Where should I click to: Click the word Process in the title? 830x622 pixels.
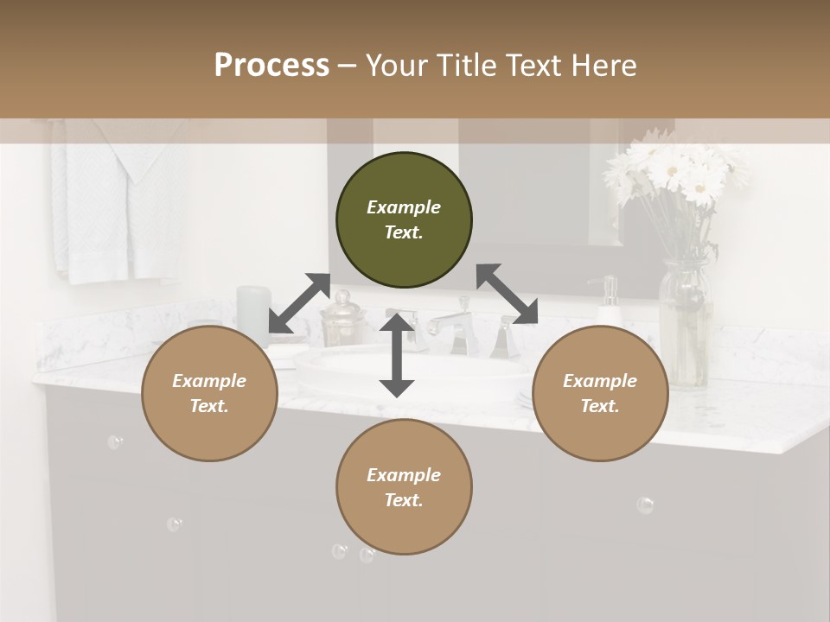[271, 66]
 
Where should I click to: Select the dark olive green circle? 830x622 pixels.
[404, 219]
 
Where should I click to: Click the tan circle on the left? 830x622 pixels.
[209, 393]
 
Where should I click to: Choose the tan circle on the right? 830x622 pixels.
[600, 393]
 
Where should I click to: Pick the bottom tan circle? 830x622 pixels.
[404, 487]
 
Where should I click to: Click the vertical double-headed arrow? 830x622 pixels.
[397, 355]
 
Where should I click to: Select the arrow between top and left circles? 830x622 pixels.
[299, 303]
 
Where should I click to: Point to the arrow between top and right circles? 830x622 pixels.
[508, 294]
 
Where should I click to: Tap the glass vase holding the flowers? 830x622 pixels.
[685, 324]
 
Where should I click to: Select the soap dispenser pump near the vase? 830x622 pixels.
[609, 298]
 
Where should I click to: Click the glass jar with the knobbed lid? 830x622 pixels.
[341, 321]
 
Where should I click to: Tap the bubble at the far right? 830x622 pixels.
[645, 505]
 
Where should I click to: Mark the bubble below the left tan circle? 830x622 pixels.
[115, 442]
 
